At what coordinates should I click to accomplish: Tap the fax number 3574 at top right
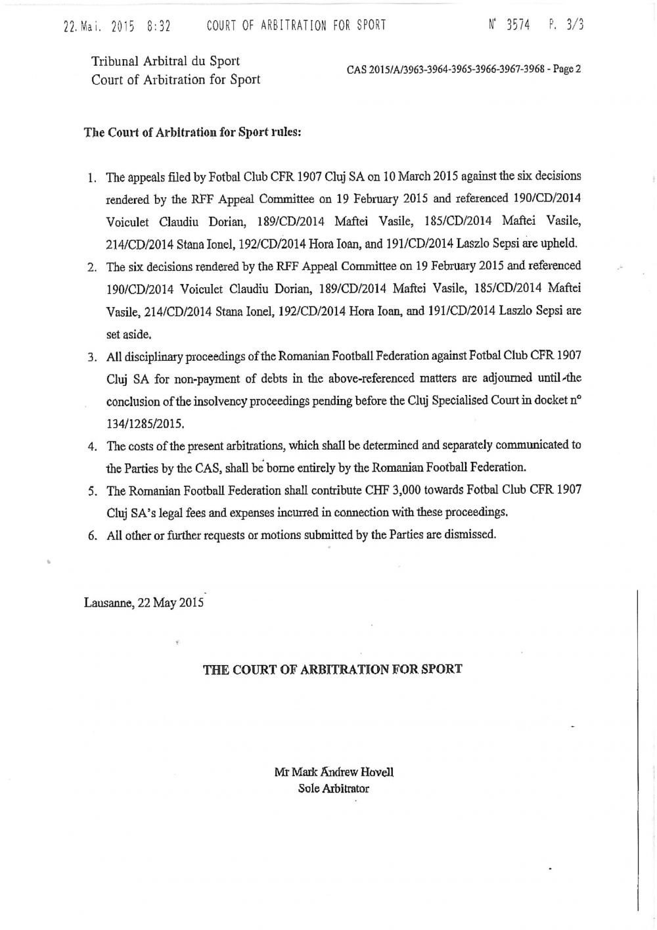517,26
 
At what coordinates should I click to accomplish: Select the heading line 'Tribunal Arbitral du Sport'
165,61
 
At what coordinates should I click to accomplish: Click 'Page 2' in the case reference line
566,69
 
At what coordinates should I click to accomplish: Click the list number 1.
92,177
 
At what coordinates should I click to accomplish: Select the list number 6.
92,536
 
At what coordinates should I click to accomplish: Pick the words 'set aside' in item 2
124,333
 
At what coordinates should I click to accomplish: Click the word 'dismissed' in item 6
469,534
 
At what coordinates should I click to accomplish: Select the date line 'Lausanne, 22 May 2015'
145,603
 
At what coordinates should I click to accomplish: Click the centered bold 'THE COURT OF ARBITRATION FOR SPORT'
332,669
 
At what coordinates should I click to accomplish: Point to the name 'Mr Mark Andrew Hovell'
334,772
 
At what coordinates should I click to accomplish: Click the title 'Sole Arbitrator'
334,788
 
